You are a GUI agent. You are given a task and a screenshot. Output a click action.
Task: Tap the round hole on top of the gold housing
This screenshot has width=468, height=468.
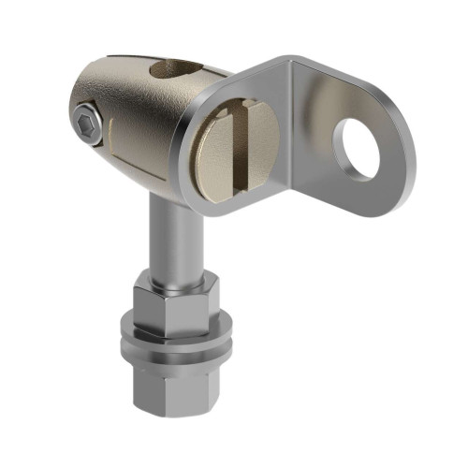178,67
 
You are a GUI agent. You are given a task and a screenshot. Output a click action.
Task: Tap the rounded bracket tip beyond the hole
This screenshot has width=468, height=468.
398,159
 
